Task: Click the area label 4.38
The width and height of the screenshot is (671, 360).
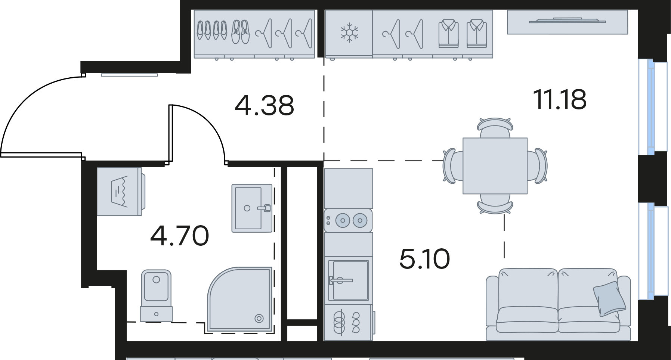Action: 264,105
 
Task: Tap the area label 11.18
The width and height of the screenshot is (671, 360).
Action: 560,100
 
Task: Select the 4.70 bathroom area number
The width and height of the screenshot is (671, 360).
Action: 179,236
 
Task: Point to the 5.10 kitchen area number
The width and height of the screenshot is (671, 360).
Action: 424,259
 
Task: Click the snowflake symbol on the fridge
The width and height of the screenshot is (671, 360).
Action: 349,32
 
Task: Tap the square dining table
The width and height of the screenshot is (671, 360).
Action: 495,166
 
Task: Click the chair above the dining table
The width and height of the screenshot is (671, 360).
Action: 495,128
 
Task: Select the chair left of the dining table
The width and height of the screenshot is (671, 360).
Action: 453,166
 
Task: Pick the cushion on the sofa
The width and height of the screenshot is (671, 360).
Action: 609,299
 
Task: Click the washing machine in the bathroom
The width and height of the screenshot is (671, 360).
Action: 121,192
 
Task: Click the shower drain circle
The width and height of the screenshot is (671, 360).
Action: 259,319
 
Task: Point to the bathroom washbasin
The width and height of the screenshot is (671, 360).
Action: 252,208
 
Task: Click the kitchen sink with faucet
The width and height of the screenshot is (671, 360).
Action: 348,280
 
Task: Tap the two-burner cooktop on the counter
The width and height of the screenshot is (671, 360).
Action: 348,220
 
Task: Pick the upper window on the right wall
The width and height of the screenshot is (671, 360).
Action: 653,107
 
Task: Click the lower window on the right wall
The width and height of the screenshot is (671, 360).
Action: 653,251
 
